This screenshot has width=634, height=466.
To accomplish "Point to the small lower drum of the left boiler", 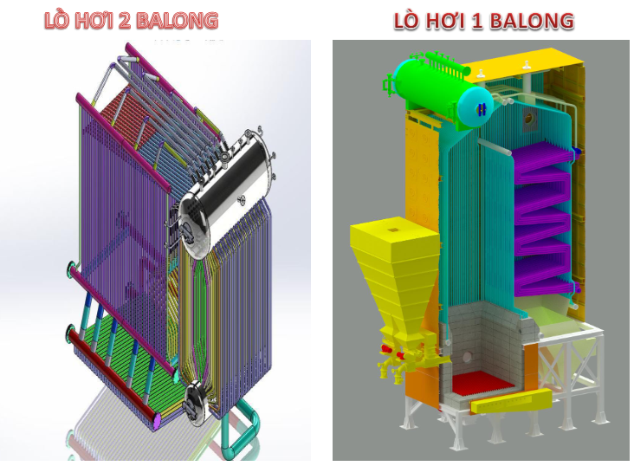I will click(197, 398).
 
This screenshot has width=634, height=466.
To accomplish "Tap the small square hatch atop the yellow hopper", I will click(392, 230).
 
